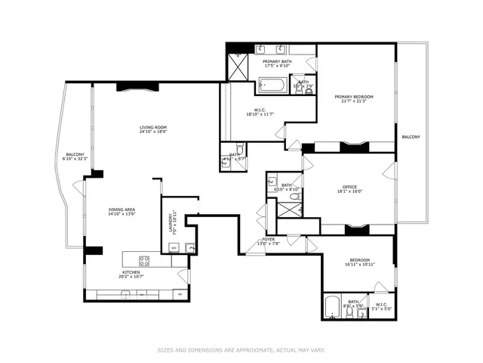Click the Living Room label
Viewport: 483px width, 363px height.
[152, 129]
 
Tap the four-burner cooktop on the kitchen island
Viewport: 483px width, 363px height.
[144, 262]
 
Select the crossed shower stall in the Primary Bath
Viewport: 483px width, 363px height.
[238, 67]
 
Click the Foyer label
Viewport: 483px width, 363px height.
[268, 240]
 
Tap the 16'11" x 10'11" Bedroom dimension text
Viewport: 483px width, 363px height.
[359, 265]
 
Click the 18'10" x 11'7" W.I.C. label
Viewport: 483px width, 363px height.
[260, 114]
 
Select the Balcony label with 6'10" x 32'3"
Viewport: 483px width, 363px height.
[75, 157]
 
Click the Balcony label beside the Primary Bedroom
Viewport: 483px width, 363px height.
[411, 137]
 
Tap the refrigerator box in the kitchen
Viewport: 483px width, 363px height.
[180, 294]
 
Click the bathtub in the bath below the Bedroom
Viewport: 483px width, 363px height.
[332, 307]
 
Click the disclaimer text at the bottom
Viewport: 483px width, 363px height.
[241, 350]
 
